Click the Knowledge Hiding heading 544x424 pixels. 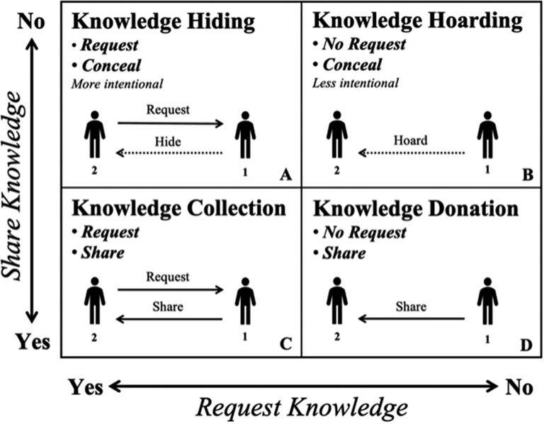tap(163, 22)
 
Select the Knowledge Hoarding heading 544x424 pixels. tap(418, 22)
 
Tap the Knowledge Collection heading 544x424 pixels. tap(178, 208)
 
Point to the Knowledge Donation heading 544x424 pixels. tap(416, 209)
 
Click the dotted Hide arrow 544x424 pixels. tap(170, 152)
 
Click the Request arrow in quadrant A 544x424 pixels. tap(170, 124)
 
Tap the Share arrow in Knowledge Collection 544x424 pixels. tap(170, 319)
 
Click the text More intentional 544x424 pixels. tap(117, 84)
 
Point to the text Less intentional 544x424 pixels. tap(356, 84)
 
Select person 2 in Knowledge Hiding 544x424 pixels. tap(95, 134)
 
